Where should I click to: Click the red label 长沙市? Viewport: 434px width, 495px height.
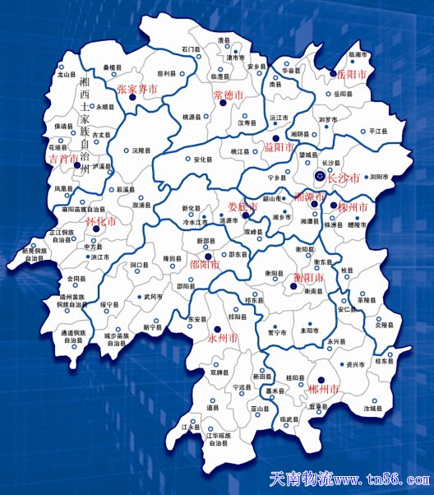[343, 178]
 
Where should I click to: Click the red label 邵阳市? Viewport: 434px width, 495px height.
[205, 265]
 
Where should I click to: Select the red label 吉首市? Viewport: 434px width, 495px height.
[64, 157]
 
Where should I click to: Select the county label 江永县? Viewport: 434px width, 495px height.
[190, 428]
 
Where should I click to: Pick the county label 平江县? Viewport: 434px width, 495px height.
[377, 131]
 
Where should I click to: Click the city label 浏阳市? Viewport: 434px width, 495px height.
[379, 177]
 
